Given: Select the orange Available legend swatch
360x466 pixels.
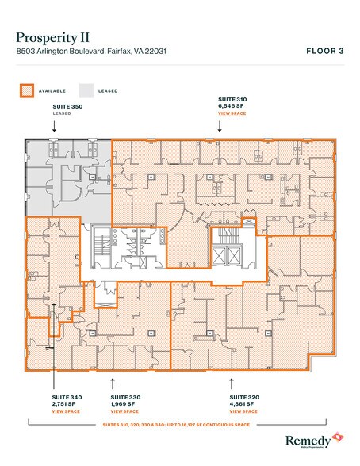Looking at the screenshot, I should (x=29, y=90).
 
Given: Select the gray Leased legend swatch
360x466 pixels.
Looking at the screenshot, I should (x=86, y=90).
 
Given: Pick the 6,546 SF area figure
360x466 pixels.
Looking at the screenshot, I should (x=230, y=106).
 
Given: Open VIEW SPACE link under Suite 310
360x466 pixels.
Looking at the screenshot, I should (x=231, y=114).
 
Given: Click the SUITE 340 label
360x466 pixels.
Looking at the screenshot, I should (x=66, y=396).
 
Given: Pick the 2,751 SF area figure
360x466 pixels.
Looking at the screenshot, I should (x=64, y=404).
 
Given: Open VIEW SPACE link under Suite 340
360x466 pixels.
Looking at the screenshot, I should (x=65, y=412).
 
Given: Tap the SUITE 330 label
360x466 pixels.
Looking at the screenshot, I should (x=124, y=396).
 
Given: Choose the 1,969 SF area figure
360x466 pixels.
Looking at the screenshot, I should (x=123, y=404).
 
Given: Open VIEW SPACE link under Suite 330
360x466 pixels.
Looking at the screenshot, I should (x=124, y=412).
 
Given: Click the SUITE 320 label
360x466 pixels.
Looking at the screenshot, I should (x=243, y=396).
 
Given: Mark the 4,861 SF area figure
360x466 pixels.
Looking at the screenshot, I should (x=241, y=404).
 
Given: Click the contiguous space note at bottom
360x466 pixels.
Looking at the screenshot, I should (x=179, y=425).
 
